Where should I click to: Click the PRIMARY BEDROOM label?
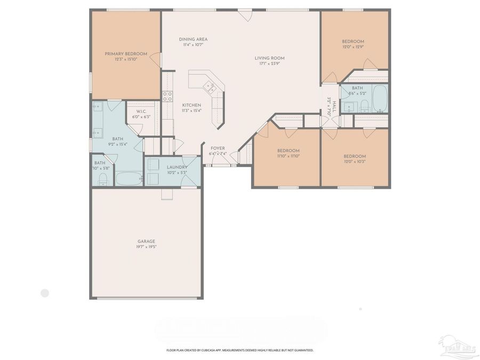click(125, 53)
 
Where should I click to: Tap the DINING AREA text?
click(193, 39)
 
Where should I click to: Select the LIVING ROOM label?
click(269, 58)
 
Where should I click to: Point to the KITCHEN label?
click(191, 105)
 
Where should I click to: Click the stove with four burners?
click(167, 96)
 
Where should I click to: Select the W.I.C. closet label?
click(141, 111)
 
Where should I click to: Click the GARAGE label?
click(146, 241)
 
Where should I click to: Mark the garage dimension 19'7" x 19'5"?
click(146, 247)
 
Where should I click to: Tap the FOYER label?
click(218, 148)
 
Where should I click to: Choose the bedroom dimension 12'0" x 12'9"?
click(353, 47)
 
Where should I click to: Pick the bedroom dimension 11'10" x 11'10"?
click(288, 156)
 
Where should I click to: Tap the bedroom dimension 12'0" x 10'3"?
click(355, 162)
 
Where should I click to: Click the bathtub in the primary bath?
click(129, 178)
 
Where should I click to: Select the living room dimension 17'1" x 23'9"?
click(269, 63)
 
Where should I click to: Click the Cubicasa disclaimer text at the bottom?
click(240, 350)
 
